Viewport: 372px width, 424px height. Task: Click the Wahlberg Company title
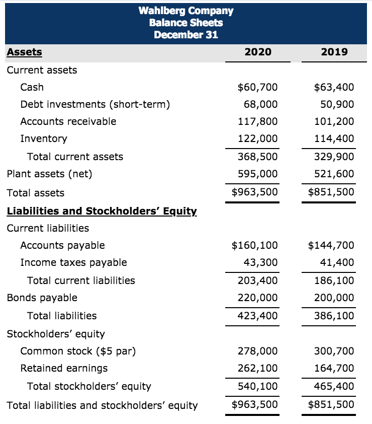[x=185, y=11]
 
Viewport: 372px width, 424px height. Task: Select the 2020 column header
[x=257, y=52]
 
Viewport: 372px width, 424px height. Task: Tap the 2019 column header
[x=334, y=52]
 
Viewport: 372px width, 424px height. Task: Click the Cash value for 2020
[x=257, y=87]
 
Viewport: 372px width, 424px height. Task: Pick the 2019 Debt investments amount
[x=337, y=104]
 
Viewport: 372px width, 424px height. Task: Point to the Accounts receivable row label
[x=68, y=121]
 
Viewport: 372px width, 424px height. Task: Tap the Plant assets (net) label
[x=49, y=174]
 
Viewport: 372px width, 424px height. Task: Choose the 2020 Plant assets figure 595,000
[x=257, y=174]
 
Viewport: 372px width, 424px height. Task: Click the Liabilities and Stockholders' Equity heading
[x=102, y=211]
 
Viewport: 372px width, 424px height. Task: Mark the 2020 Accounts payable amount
[x=254, y=245]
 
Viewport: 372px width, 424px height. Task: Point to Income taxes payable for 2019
[x=337, y=262]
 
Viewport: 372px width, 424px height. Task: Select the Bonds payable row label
[x=42, y=298]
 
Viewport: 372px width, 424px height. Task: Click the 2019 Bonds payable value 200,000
[x=334, y=298]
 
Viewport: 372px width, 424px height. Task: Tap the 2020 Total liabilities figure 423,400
[x=257, y=316]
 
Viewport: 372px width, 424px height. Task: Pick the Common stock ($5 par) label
[x=78, y=351]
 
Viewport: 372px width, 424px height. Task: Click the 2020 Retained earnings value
[x=257, y=368]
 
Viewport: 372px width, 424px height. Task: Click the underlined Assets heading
[x=24, y=52]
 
